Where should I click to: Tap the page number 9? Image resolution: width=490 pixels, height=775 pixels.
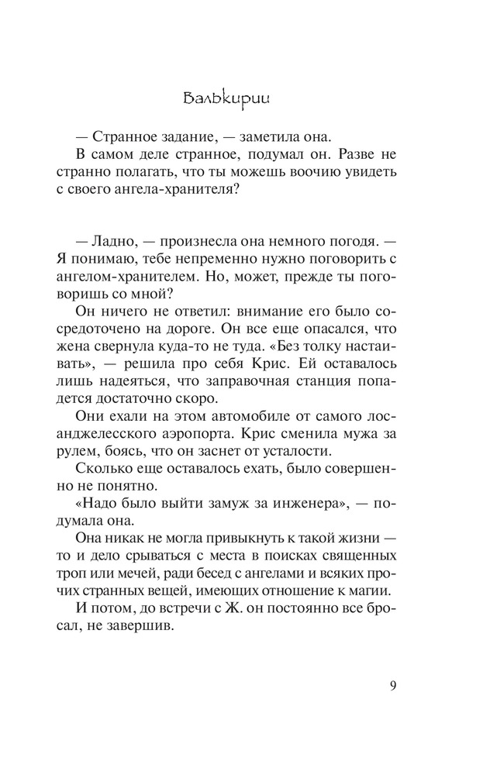coord(394,685)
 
